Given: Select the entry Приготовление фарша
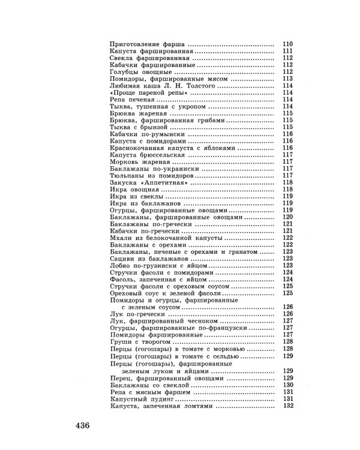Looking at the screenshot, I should click(x=147, y=45).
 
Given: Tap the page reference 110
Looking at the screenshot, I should click(x=287, y=45).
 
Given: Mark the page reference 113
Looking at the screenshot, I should click(x=287, y=79).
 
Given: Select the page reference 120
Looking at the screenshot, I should click(x=287, y=216).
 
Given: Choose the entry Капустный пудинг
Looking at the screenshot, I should click(x=142, y=398).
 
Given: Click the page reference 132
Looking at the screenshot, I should click(x=287, y=406).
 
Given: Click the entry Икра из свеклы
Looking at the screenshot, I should click(x=137, y=196).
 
